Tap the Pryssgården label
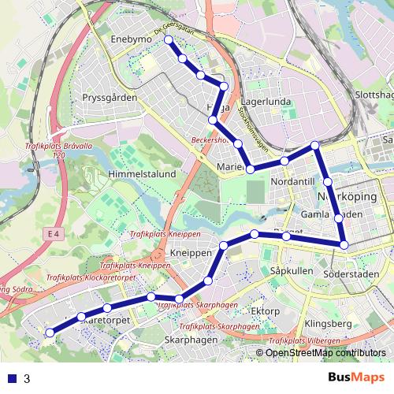(x=110, y=98)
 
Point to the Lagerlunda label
(x=266, y=102)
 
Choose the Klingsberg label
(x=327, y=324)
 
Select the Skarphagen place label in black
(x=191, y=340)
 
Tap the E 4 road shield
(x=53, y=234)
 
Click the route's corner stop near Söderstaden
(x=344, y=245)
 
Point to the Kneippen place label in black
(x=191, y=254)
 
